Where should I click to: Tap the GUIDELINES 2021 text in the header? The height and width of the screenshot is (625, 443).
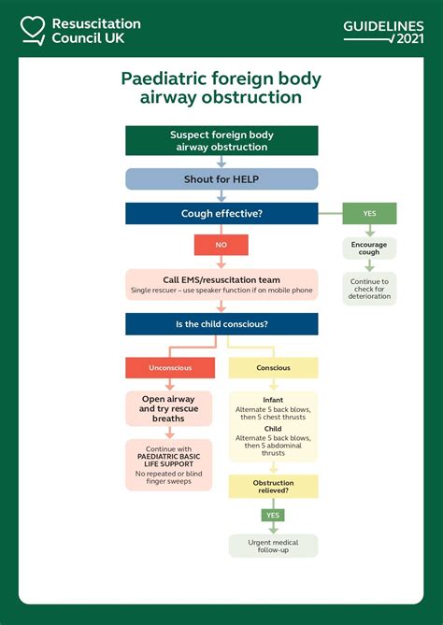point(382,30)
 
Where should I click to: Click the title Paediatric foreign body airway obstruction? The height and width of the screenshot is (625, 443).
point(221,88)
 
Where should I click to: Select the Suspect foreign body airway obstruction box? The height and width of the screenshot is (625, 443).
point(221,140)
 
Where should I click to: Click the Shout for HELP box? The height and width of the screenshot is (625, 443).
point(221,178)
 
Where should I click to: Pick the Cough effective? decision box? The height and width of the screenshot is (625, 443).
point(221,214)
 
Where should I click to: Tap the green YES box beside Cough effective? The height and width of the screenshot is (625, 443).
point(368,214)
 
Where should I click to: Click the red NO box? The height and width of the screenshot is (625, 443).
point(221,245)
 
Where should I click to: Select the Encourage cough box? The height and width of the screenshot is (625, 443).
point(368,248)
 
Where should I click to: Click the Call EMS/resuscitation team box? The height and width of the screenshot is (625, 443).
point(221,284)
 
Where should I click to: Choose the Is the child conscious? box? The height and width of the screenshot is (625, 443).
point(221,324)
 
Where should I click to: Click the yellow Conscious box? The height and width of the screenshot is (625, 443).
point(273,368)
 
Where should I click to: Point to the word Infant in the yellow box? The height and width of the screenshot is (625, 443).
point(273,400)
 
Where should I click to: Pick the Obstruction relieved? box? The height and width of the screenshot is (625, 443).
point(273,486)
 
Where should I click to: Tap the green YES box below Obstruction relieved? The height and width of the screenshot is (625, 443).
point(273,514)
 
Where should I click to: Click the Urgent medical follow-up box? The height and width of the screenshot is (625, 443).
point(273,546)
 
